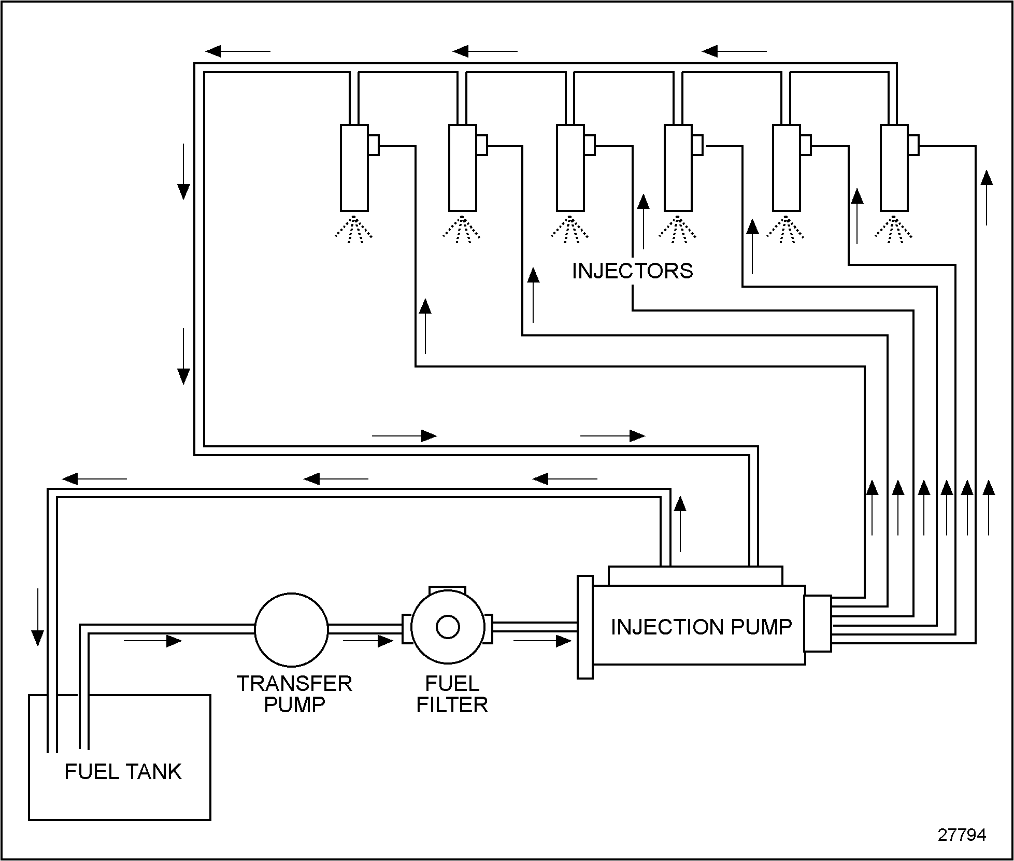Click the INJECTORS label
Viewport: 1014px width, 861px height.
click(632, 271)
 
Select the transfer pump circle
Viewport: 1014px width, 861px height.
click(291, 629)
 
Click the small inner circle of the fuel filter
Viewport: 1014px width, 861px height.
click(448, 627)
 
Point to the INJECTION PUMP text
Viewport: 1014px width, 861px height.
click(701, 627)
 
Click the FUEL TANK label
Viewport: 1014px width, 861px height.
click(123, 772)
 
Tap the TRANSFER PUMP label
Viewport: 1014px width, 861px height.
click(294, 694)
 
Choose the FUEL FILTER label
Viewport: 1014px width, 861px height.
click(452, 694)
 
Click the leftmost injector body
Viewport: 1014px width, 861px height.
click(354, 168)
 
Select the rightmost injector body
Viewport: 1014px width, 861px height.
click(894, 168)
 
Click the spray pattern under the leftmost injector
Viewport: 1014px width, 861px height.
click(354, 229)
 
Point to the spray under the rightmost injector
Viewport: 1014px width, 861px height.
click(894, 229)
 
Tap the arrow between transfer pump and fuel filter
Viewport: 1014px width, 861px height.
click(368, 641)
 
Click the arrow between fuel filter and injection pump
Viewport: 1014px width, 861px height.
click(542, 641)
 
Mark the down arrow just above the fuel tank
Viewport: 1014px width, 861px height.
click(37, 616)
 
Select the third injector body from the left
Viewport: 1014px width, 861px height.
click(570, 168)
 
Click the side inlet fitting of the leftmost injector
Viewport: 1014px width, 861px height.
click(374, 145)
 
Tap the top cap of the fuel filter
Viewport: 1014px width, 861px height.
click(448, 591)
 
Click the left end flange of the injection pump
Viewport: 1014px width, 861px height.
click(585, 627)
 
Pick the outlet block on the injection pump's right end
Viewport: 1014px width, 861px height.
click(818, 624)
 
